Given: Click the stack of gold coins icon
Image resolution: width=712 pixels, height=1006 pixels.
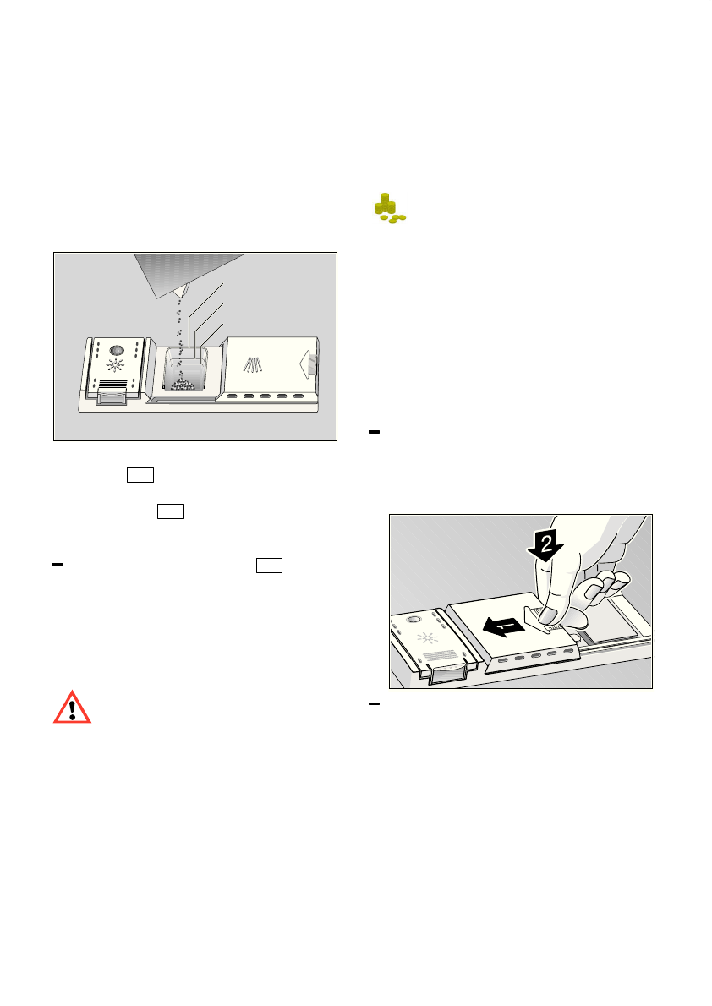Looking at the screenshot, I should point(388,208).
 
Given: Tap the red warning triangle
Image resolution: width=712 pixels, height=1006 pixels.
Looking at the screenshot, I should point(72,707).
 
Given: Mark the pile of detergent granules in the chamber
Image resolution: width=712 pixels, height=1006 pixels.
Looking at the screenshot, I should point(183,385).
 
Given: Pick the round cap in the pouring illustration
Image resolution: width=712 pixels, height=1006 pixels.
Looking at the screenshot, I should point(117,349).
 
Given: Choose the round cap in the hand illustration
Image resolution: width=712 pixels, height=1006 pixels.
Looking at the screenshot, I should point(414,620).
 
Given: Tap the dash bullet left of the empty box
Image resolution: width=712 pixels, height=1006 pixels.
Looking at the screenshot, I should point(58,563).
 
